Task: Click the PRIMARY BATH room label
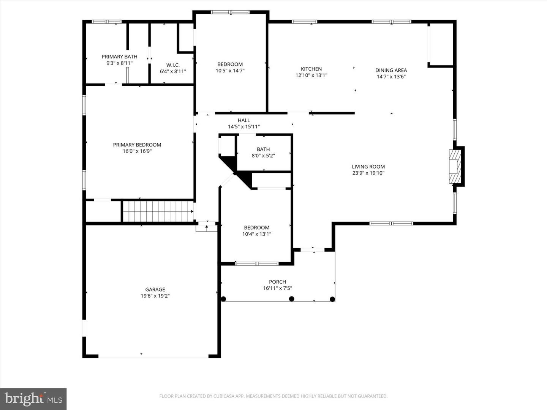[119, 57]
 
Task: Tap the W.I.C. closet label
[173, 65]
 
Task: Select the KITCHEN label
[311, 69]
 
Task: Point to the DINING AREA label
[391, 70]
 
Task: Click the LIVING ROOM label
[368, 167]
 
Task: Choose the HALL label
[244, 120]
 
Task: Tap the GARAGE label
[155, 289]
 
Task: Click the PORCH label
[277, 282]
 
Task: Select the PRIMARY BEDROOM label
[137, 145]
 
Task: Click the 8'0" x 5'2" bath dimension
[263, 156]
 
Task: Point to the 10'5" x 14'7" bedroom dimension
[230, 71]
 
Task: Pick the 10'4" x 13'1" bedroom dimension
[257, 234]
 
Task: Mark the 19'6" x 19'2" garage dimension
[155, 296]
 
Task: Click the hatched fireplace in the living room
[454, 166]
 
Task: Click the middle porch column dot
[292, 299]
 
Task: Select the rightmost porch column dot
[332, 299]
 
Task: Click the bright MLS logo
[33, 399]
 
